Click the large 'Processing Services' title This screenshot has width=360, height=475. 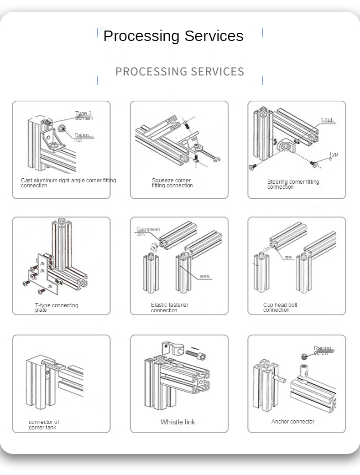[x=173, y=36]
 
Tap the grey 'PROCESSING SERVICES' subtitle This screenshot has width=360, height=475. [x=180, y=72]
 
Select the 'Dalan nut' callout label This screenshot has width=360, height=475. [x=82, y=138]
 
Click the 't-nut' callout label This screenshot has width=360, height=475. [x=327, y=120]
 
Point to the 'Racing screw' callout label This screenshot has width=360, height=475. [x=322, y=351]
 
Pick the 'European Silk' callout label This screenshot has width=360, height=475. [x=148, y=231]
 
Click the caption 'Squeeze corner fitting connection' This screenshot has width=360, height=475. [x=172, y=183]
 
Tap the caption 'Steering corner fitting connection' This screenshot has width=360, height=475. [x=293, y=184]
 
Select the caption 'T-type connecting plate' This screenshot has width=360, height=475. [x=57, y=308]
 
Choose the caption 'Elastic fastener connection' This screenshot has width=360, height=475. [x=169, y=308]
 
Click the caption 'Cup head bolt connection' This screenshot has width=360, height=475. [x=280, y=307]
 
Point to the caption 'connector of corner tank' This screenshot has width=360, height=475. [x=44, y=425]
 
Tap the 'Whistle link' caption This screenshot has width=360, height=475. [x=177, y=422]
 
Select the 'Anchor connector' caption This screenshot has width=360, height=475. [x=292, y=422]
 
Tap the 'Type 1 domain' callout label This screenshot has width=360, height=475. [x=85, y=116]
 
